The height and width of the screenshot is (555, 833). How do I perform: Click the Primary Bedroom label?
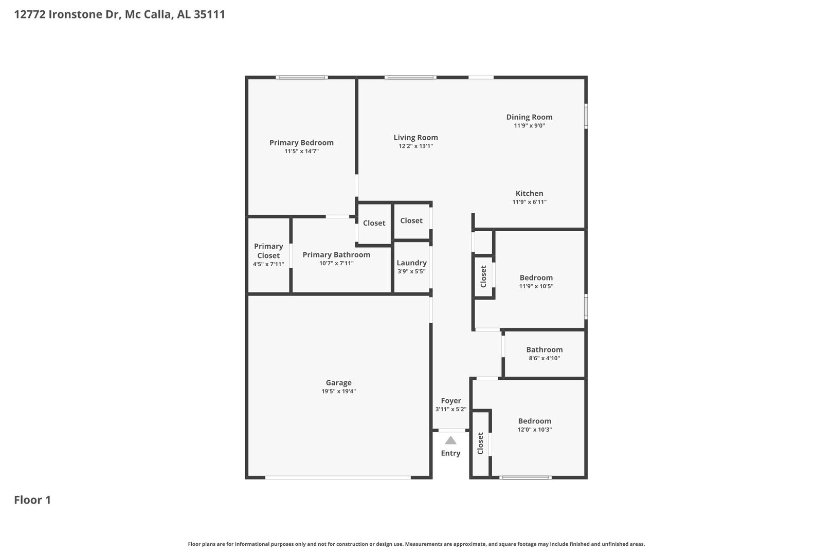point(301,143)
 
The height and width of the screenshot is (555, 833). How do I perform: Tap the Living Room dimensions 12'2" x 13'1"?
point(416,146)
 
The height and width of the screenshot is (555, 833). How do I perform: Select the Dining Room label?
point(529,117)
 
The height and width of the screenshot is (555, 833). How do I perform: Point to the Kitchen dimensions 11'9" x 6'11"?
point(529,202)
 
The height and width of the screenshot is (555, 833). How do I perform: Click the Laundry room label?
point(411,263)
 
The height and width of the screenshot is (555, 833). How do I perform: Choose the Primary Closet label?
point(268,251)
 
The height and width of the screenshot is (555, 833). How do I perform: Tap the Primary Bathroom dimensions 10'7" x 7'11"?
point(336,263)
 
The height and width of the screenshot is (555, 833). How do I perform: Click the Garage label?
point(338,382)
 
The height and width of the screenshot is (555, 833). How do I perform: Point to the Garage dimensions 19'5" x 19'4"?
point(338,391)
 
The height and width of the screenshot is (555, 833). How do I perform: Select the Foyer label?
point(451,401)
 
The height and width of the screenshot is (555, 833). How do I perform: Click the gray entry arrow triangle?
point(451,440)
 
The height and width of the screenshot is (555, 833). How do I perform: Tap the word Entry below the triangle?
point(451,453)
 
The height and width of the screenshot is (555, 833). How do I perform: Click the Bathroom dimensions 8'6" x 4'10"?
point(545,358)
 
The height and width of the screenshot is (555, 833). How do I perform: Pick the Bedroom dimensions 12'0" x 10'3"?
point(534,429)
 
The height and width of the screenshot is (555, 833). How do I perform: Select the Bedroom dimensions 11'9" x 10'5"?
point(536,286)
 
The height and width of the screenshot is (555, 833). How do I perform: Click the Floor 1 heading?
point(32,500)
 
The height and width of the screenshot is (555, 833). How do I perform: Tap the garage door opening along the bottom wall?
point(338,478)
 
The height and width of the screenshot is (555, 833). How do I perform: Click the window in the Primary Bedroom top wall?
point(302,78)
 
